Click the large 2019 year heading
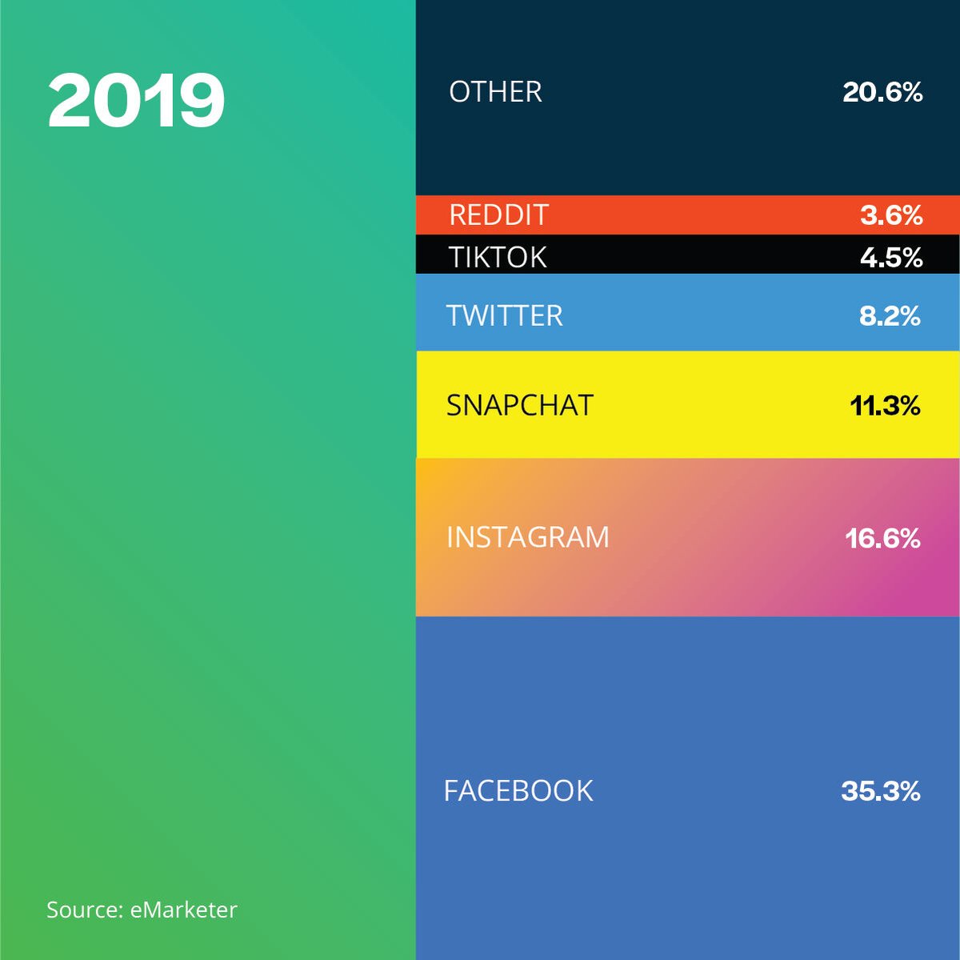click(x=136, y=100)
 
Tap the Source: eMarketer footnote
click(x=142, y=910)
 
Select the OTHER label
click(x=495, y=92)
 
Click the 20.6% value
click(x=882, y=92)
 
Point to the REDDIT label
click(x=498, y=215)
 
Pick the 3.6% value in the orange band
click(x=891, y=215)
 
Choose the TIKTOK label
click(x=498, y=257)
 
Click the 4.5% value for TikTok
click(x=891, y=257)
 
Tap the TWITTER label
click(x=505, y=315)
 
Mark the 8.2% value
click(x=890, y=315)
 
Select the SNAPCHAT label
click(x=520, y=405)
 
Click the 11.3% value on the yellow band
click(x=885, y=405)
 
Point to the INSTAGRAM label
click(x=528, y=536)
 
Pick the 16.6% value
click(x=882, y=537)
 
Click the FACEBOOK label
click(x=518, y=791)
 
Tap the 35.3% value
click(x=880, y=791)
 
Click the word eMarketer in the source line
click(x=183, y=910)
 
